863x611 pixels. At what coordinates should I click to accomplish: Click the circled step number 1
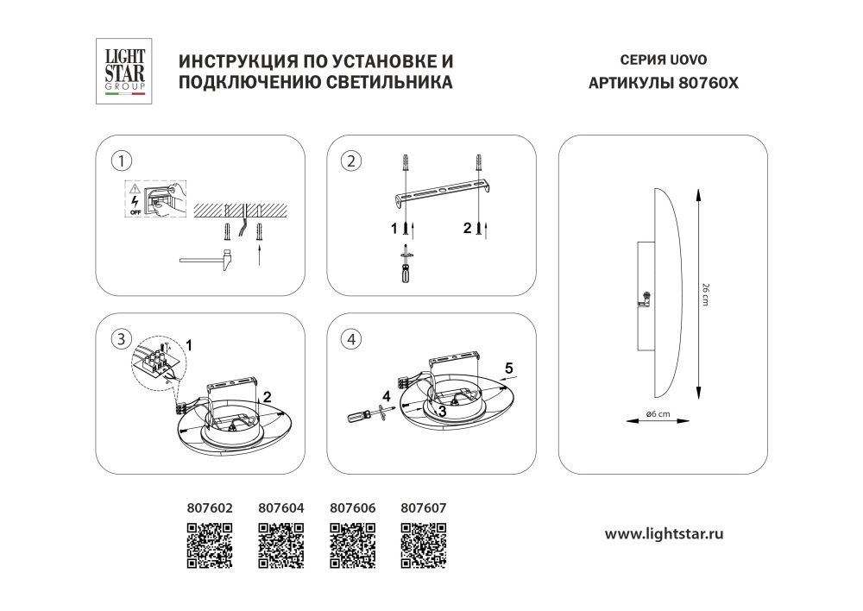click(x=124, y=160)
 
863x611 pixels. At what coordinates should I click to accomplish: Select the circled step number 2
click(x=351, y=160)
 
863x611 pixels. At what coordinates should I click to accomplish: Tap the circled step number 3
click(x=123, y=338)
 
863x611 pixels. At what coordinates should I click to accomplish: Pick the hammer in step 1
click(x=206, y=258)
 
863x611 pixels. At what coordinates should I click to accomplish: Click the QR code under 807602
click(x=210, y=545)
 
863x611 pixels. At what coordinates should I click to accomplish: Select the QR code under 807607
click(x=423, y=545)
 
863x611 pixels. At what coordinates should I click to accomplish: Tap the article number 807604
click(x=281, y=508)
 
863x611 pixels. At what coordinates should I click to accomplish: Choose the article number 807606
click(x=353, y=508)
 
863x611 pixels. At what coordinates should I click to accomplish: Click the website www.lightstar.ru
click(x=663, y=534)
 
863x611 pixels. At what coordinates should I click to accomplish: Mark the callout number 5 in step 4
click(x=509, y=367)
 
